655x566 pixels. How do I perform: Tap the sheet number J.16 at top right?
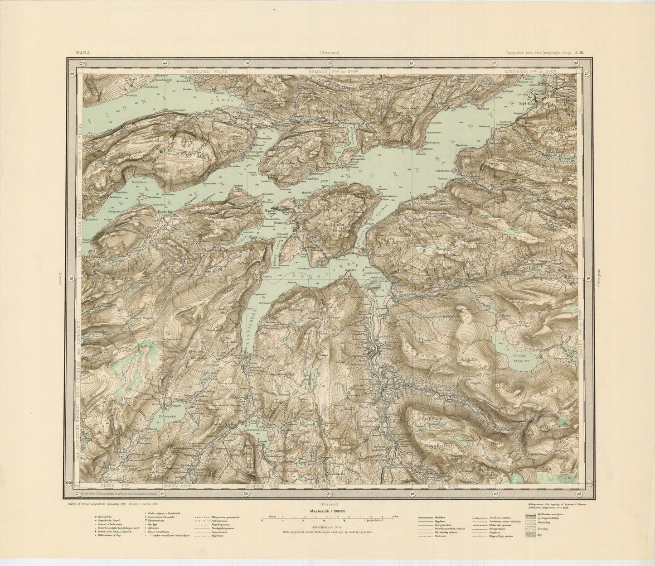581,53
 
